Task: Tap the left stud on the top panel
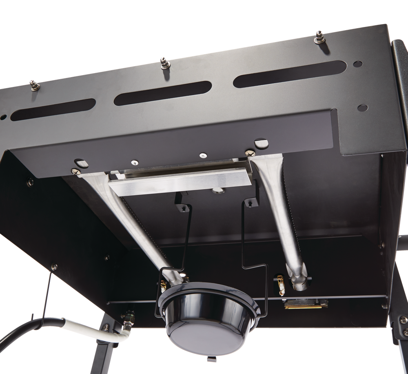click(33, 85)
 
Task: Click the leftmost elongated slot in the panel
click(53, 109)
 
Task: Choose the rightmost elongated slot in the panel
click(288, 74)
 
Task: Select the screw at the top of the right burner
click(249, 153)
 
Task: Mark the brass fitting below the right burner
click(299, 304)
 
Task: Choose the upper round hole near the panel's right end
click(357, 64)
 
